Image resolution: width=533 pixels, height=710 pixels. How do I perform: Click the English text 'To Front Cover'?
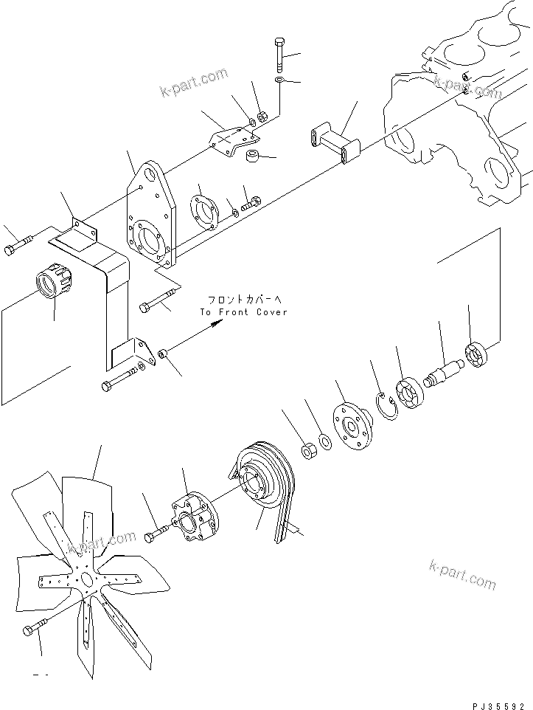pyautogui.click(x=244, y=312)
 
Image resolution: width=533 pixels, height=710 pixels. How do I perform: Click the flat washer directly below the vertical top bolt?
pyautogui.click(x=280, y=79)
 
